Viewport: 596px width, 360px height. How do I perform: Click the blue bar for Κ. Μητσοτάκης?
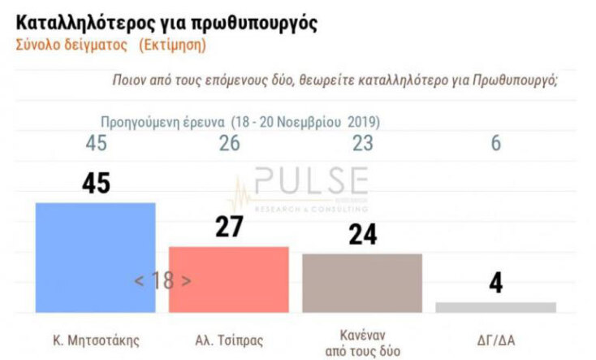pyautogui.click(x=95, y=257)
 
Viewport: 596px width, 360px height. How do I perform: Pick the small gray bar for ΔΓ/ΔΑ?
pyautogui.click(x=495, y=307)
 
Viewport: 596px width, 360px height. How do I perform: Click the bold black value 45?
pyautogui.click(x=96, y=184)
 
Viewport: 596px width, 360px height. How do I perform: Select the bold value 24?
pyautogui.click(x=364, y=235)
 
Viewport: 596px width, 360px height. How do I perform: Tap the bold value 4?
pyautogui.click(x=496, y=285)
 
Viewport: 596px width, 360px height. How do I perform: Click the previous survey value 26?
pyautogui.click(x=230, y=145)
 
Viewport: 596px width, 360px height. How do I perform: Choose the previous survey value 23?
pyautogui.click(x=362, y=145)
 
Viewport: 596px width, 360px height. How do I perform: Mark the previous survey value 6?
pyautogui.click(x=496, y=145)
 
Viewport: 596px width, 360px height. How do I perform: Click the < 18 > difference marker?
pyautogui.click(x=162, y=281)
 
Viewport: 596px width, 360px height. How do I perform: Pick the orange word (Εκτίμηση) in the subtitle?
pyautogui.click(x=171, y=44)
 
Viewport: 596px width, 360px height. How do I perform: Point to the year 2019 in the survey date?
pyautogui.click(x=363, y=122)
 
